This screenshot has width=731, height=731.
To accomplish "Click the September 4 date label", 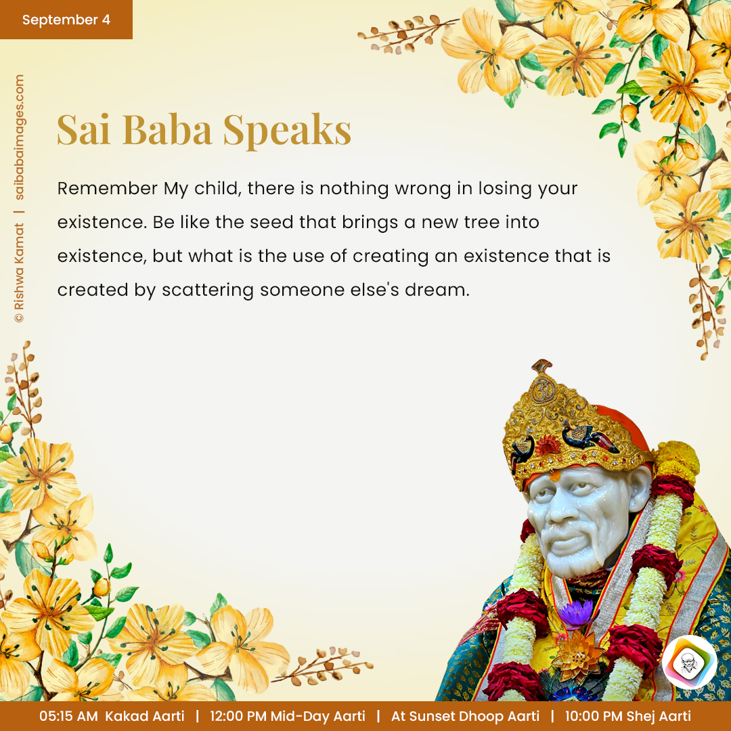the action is pyautogui.click(x=66, y=20).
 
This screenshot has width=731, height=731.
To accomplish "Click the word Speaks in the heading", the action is pyautogui.click(x=287, y=130).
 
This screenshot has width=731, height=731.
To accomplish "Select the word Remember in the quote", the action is pyautogui.click(x=107, y=188).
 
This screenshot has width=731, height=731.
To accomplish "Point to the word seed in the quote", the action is pyautogui.click(x=272, y=222).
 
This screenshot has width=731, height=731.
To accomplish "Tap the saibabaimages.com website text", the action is pyautogui.click(x=19, y=137).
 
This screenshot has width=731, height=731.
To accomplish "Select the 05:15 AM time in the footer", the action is pyautogui.click(x=68, y=716).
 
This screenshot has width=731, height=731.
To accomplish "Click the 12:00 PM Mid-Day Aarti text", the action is pyautogui.click(x=287, y=716).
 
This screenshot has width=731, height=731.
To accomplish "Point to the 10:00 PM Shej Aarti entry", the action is pyautogui.click(x=628, y=716).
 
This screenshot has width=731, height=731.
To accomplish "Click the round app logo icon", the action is pyautogui.click(x=690, y=662).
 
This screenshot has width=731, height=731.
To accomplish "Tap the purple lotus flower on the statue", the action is pyautogui.click(x=576, y=613).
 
